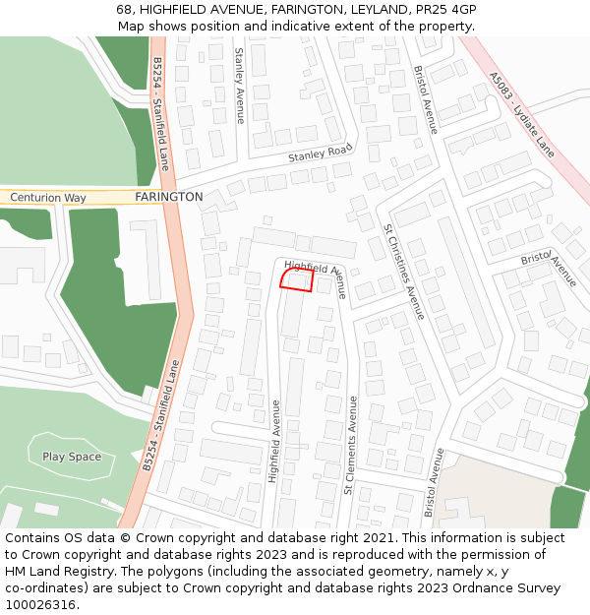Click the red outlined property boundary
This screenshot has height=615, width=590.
pos(296,280)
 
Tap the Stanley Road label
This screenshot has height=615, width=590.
pos(320,153)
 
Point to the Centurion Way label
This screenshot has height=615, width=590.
pos(48,198)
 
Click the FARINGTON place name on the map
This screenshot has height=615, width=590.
pos(169,197)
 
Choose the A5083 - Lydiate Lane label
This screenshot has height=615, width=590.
pos(522,114)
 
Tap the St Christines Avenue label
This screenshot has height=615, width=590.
pos(404,270)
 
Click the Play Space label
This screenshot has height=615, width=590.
pos(72,457)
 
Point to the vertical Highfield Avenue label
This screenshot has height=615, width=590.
pos(275,441)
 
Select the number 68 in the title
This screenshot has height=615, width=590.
pos(125,10)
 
